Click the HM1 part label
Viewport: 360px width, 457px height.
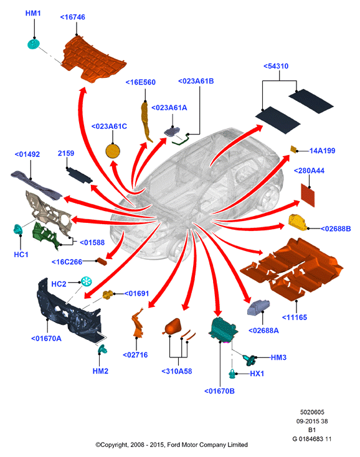33,13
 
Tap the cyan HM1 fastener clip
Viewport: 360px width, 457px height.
33,44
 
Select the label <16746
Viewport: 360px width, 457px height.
73,17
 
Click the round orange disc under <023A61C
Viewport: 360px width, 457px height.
113,151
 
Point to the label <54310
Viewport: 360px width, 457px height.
276,66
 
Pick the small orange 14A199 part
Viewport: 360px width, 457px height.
293,149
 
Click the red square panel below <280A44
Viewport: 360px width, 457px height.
308,195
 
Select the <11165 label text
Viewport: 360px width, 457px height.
295,318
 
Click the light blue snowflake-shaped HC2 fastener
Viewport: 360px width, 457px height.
87,282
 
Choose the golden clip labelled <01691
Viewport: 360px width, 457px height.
108,294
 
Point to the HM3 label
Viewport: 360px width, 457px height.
278,357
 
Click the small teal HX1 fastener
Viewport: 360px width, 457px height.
232,374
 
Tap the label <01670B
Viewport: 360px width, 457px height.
219,391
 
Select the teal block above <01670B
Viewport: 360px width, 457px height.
223,329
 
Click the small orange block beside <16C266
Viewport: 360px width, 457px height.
102,261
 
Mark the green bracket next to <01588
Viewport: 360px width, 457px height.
45,236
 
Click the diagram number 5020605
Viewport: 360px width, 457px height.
312,412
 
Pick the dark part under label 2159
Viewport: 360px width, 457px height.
80,176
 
